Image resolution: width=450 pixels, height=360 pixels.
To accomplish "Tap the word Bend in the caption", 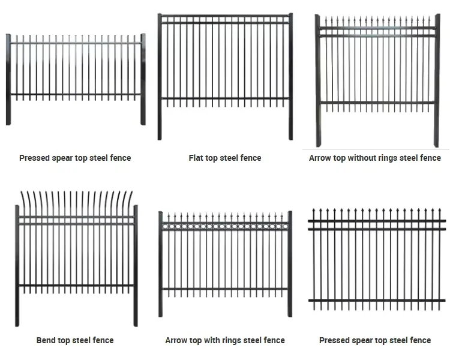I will [46, 340].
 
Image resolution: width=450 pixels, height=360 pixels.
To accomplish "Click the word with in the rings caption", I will [211, 340].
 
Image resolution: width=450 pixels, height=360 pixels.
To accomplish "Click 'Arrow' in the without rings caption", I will [321, 158].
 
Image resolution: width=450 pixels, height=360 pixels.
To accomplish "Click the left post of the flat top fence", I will [160, 78].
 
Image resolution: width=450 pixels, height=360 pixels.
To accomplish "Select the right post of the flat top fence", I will [291, 78].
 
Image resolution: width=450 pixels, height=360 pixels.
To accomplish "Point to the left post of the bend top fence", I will [17, 264].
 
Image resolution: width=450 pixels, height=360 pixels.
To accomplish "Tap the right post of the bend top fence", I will [136, 264].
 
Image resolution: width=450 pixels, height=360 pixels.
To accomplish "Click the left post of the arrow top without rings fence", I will [318, 81].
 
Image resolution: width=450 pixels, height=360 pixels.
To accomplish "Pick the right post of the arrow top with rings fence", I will [290, 264].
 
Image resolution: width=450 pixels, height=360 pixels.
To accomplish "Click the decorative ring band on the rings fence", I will [225, 226].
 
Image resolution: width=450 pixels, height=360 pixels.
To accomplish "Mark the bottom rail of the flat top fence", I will [225, 99].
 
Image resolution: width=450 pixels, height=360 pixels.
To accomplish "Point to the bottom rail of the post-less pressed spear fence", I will [377, 300].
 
